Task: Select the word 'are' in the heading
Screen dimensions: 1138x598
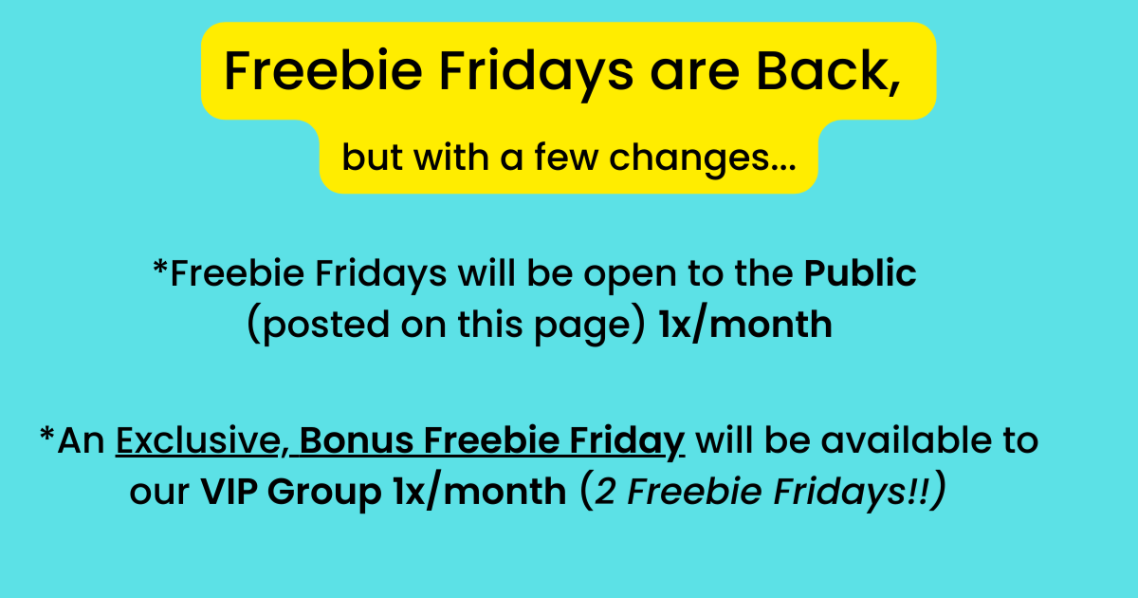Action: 694,76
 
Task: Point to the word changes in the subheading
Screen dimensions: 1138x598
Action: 703,158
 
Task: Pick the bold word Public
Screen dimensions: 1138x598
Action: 860,273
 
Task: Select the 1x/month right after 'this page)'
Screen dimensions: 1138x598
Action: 745,324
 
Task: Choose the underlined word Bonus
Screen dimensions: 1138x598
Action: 357,439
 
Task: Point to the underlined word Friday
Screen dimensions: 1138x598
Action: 627,441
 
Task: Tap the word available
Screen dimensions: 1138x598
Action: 907,439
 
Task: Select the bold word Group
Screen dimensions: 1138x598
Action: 324,493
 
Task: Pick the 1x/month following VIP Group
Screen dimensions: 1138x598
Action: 480,492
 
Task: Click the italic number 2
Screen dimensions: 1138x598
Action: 606,492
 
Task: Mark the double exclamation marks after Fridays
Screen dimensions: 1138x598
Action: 918,492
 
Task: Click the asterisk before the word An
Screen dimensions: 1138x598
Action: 47,435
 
